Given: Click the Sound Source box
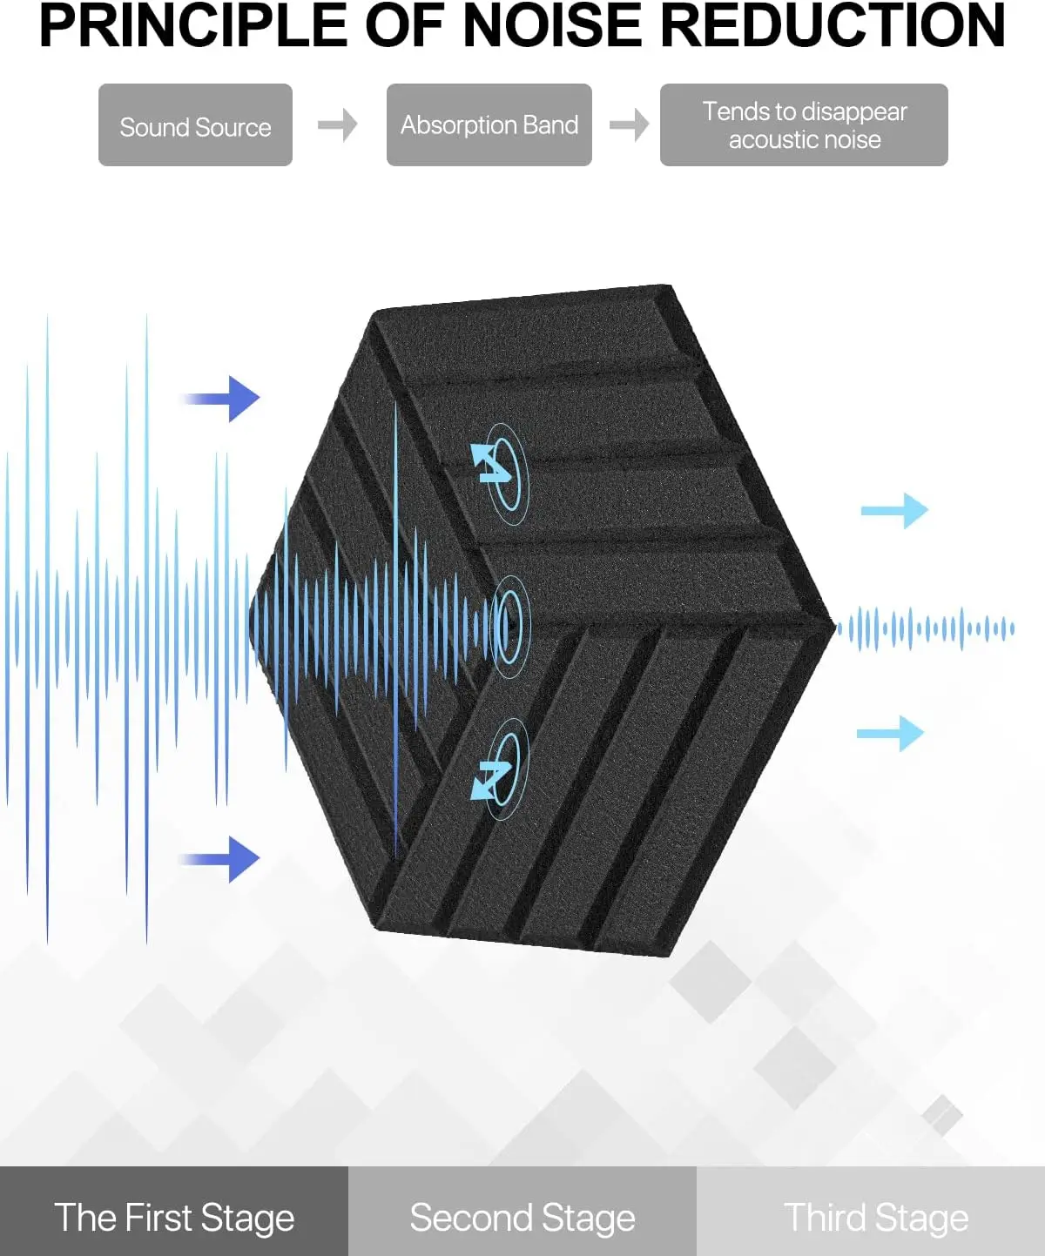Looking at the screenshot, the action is click(x=195, y=125).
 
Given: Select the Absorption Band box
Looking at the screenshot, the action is click(x=489, y=125).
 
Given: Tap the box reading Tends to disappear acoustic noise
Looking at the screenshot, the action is click(x=803, y=125).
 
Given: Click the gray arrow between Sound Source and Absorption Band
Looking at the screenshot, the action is click(x=338, y=125).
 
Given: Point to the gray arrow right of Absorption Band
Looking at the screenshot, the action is click(x=629, y=125).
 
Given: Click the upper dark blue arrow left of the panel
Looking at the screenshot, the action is click(x=223, y=399).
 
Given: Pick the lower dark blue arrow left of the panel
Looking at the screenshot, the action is click(x=223, y=859).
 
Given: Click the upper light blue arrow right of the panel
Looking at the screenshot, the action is click(x=895, y=511).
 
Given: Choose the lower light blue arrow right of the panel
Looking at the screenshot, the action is click(x=891, y=734).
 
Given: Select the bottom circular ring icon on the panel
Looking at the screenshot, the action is click(x=501, y=768).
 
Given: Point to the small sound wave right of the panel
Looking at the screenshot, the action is click(x=926, y=628).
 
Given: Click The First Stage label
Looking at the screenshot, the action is click(x=174, y=1218).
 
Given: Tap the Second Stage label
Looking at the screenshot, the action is click(x=522, y=1218).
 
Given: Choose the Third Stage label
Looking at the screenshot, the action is click(x=876, y=1218).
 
